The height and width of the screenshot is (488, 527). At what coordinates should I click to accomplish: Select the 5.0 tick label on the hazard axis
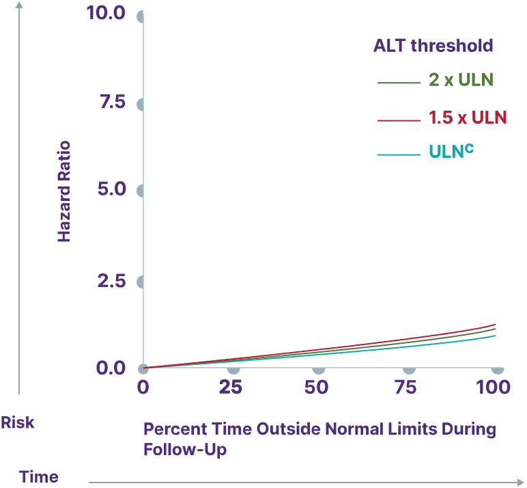112,189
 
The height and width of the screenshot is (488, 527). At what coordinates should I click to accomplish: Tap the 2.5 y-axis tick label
112,280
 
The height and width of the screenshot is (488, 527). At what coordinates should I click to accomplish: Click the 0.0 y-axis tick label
111,368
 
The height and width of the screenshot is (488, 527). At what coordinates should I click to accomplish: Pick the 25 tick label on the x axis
230,388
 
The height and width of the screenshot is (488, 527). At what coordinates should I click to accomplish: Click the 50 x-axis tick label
317,388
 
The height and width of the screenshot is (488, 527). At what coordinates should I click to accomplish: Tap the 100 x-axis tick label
493,388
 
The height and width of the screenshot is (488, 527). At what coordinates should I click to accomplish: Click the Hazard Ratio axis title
64,191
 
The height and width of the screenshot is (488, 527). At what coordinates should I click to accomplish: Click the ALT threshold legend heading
433,46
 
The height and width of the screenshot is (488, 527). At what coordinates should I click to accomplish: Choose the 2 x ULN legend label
461,80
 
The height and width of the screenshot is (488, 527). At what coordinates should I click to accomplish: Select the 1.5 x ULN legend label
468,118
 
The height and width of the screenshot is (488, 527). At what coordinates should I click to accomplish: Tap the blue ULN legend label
451,152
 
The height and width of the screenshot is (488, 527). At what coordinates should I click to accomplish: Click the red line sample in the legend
399,120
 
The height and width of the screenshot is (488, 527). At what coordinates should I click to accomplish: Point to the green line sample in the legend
399,83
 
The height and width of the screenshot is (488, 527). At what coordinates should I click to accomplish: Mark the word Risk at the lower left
17,423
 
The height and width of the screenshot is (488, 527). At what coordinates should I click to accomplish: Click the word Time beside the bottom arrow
38,476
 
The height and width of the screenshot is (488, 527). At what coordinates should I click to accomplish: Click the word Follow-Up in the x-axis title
185,450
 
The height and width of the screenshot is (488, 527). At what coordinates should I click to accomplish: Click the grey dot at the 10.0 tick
141,16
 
